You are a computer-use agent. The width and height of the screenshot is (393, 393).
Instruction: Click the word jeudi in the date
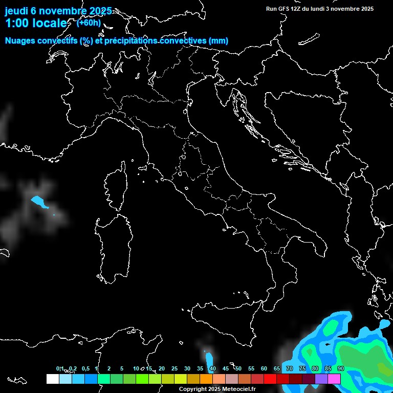point(16,10)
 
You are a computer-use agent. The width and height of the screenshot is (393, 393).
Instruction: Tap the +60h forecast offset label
point(89,23)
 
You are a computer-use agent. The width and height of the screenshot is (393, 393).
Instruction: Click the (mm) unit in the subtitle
point(219,40)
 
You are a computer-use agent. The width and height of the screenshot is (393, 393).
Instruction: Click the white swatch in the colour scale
point(52,379)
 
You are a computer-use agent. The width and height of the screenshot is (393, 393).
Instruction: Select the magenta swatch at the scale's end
point(334,379)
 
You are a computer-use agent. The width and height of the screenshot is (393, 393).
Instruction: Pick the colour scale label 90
point(341,368)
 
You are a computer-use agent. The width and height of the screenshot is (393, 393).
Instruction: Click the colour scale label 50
point(238,368)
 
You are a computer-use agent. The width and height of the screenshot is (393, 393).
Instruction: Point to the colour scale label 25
point(174,368)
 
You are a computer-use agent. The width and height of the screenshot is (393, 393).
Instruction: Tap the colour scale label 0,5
point(85,368)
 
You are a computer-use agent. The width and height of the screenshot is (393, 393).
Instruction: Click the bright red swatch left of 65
point(270,379)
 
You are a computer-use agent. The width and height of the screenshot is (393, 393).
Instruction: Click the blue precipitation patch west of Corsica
point(39,202)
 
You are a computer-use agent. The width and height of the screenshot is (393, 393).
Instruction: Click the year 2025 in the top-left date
point(100,10)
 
